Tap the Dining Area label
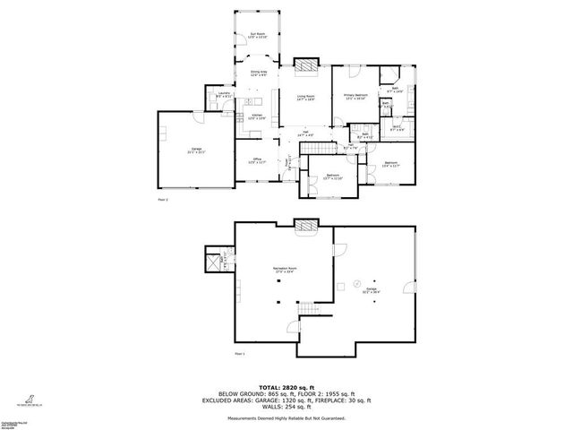[x=258, y=73]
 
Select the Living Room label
[x=305, y=98]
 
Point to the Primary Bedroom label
[x=356, y=97]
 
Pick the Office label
[x=257, y=160]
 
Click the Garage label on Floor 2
[x=195, y=150]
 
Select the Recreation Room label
[x=286, y=271]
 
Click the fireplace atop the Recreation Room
[x=307, y=228]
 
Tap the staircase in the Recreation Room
[x=308, y=310]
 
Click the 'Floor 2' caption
[x=162, y=199]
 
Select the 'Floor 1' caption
[x=239, y=354]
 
